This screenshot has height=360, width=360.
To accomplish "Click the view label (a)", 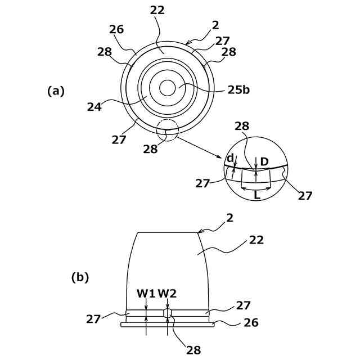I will pos(56,91).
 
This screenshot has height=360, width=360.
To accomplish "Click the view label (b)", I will pos(80,277).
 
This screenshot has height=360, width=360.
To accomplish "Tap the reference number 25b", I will pos(238,89).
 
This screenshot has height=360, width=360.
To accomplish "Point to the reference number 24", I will pos(94,106).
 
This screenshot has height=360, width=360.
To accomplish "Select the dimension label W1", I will pos(145,293).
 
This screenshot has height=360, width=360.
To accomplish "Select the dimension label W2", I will pos(167,293).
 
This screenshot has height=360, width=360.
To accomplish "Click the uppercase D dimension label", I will pos(264,162).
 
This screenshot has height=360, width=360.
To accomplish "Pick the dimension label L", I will pos(256,196).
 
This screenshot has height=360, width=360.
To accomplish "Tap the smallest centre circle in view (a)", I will pos(167,88).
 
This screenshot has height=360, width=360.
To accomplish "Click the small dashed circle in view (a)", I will pos(167,130).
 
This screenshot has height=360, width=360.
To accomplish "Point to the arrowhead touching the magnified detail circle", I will pos(221,159).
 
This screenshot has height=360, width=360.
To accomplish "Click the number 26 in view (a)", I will pos(116,29).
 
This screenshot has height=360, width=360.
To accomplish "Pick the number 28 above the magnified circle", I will pos(242,126).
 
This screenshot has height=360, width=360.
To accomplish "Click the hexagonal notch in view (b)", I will pos(167,313).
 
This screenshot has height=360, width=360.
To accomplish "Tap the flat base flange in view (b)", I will pos(167,325).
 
